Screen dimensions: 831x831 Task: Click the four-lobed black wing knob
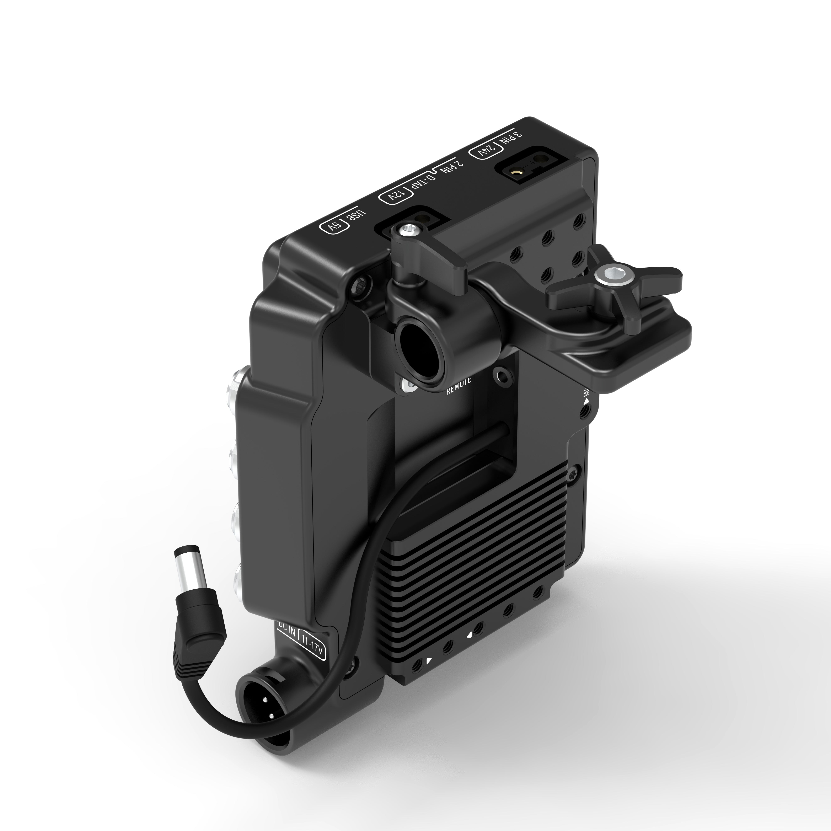[615, 280]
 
